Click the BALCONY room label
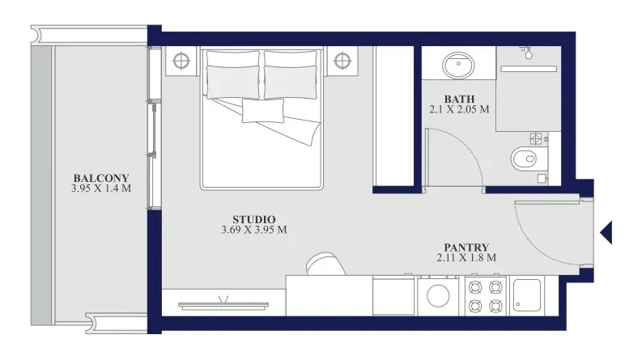[101, 178]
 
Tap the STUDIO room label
[254, 220]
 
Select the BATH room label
[459, 100]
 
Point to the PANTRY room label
[466, 248]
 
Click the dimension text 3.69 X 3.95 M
[254, 230]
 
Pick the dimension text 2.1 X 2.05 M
[459, 110]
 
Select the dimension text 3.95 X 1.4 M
[101, 188]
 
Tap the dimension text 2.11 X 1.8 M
[466, 258]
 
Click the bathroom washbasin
[458, 65]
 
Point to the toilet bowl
[529, 159]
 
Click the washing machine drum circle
[438, 295]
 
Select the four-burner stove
[486, 296]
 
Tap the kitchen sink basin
[527, 295]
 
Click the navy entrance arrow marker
[606, 233]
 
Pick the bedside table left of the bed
[181, 61]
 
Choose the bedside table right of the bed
[342, 61]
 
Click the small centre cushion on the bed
[263, 111]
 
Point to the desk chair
[325, 264]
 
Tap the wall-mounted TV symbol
[223, 304]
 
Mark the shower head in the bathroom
[527, 52]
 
